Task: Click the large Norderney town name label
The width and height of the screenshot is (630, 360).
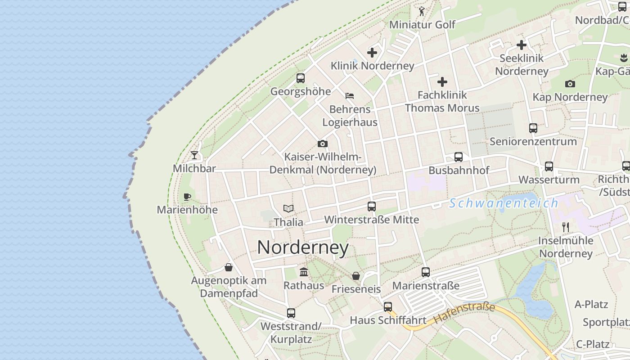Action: [x=303, y=247]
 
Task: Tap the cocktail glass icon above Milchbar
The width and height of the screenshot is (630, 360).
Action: [x=194, y=155]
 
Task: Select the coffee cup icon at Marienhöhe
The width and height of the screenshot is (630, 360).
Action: [x=187, y=197]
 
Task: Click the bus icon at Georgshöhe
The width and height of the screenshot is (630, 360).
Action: [x=301, y=78]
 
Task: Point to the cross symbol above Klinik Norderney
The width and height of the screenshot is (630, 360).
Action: [x=372, y=53]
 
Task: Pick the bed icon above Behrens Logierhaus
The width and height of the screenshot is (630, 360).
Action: [x=350, y=95]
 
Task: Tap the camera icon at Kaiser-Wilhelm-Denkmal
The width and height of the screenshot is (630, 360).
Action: [x=323, y=144]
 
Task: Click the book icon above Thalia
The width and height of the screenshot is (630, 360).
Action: [x=288, y=208]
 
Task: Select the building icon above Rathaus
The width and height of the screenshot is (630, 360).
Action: [x=304, y=272]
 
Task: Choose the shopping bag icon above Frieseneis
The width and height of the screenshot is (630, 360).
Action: [x=356, y=276]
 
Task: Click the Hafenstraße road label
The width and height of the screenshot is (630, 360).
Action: [x=464, y=314]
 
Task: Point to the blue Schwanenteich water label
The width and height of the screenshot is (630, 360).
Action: [x=504, y=203]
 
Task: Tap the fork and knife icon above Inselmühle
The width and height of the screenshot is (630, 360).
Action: [x=566, y=227]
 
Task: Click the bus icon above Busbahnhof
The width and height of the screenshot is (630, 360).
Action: [x=459, y=157]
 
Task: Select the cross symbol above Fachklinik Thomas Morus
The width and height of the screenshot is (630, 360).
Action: [x=442, y=82]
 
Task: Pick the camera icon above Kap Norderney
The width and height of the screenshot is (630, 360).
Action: [x=570, y=84]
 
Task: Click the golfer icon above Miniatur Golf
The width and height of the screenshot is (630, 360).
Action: [x=422, y=11]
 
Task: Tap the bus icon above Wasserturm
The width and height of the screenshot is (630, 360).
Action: [x=549, y=166]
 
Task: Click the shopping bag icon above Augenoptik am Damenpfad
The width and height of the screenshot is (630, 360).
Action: [x=229, y=267]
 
